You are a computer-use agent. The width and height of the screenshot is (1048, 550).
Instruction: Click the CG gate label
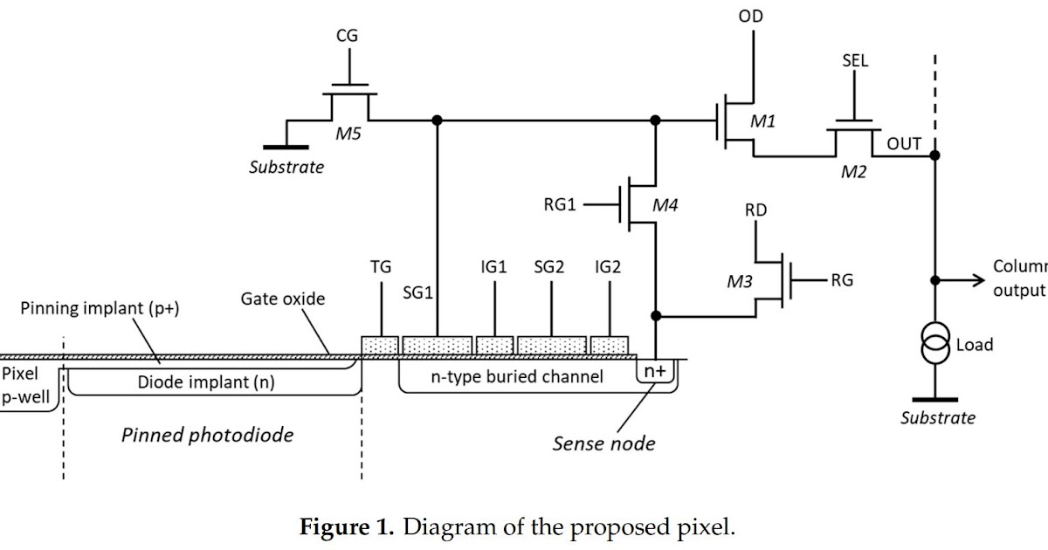[x=347, y=36]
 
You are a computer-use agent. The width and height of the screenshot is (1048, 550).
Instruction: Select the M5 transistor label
[x=349, y=134]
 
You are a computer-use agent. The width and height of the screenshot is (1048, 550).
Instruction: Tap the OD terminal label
[x=749, y=17]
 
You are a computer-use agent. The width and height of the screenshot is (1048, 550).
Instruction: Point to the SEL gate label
[x=854, y=61]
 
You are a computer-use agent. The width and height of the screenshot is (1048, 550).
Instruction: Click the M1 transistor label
[x=763, y=121]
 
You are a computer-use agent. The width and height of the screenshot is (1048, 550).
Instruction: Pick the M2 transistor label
[x=853, y=172]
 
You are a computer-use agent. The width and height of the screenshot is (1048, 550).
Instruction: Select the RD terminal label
[x=756, y=210]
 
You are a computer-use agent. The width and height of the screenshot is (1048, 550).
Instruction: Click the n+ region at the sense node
[x=655, y=370]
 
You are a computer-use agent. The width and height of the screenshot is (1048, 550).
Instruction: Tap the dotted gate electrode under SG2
[x=551, y=345]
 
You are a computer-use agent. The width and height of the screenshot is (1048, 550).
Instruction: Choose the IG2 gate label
[x=607, y=268]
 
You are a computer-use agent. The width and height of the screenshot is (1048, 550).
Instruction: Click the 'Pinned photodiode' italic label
[x=207, y=434]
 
